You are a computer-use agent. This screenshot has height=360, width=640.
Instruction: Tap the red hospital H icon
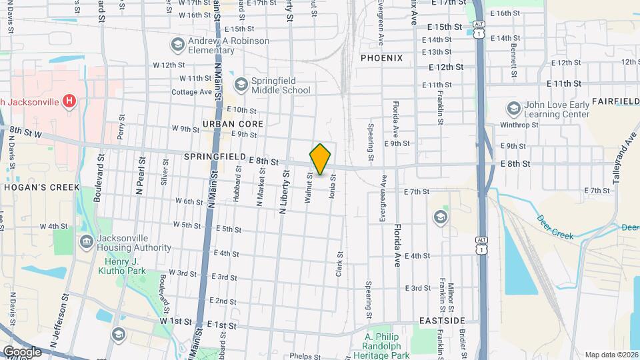[x=68, y=101]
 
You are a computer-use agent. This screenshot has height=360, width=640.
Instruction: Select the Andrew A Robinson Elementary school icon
[x=177, y=45]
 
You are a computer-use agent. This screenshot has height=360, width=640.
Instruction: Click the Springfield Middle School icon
[x=241, y=85]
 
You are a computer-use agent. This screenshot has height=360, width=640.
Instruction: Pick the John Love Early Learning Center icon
[x=513, y=108]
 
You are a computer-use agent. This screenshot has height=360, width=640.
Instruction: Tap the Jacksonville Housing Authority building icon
[x=86, y=241]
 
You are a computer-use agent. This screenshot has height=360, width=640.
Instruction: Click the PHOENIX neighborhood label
[x=381, y=58]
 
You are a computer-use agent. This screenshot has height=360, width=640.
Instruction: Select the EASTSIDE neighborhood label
[x=442, y=321]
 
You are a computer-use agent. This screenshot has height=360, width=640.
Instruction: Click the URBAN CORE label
[x=233, y=124]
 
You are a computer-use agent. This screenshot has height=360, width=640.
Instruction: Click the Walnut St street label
[x=309, y=188]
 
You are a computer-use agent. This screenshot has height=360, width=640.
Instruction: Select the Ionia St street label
[x=331, y=187]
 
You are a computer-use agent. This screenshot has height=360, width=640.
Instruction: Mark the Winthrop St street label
[x=518, y=125]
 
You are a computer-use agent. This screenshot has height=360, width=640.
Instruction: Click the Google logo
[x=22, y=352]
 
